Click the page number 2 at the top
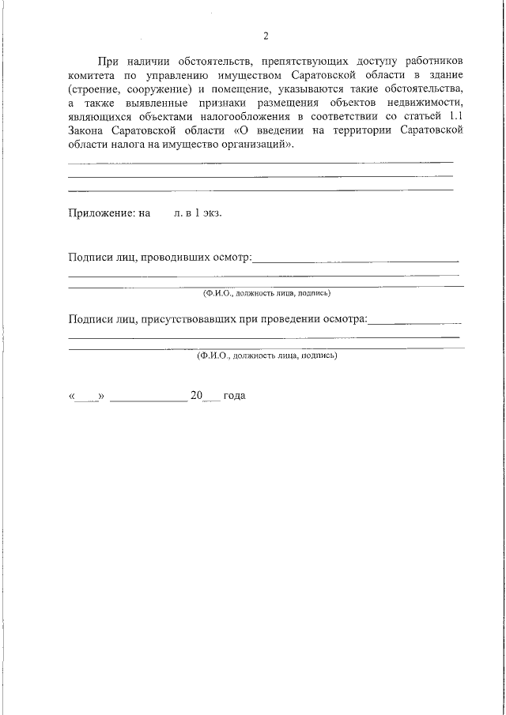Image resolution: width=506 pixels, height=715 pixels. click(x=266, y=36)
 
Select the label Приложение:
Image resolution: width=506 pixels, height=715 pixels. click(x=101, y=213)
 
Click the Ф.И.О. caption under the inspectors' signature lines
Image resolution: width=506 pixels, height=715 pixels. click(x=266, y=293)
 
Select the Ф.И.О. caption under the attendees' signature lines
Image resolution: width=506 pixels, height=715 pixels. click(x=266, y=356)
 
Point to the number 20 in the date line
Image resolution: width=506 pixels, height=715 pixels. click(x=197, y=395)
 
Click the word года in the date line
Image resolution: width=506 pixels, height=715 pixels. click(x=235, y=395)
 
